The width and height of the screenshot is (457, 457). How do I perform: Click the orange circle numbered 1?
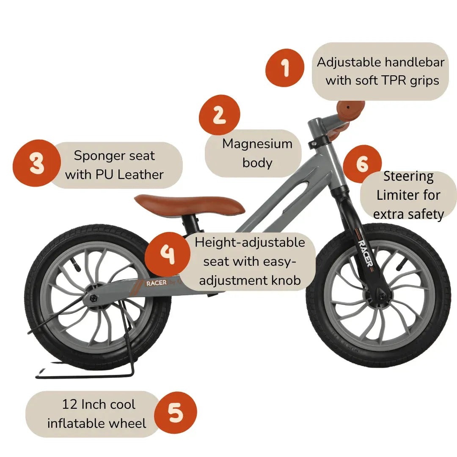pyautogui.click(x=285, y=67)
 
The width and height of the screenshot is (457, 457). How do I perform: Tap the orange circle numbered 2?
pyautogui.click(x=219, y=115)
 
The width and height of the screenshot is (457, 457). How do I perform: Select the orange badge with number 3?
pyautogui.click(x=36, y=163)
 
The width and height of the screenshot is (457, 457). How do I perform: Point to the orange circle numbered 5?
pyautogui.click(x=175, y=413)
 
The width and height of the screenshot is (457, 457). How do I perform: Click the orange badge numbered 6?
pyautogui.click(x=362, y=164)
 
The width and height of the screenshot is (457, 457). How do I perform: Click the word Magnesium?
pyautogui.click(x=257, y=144)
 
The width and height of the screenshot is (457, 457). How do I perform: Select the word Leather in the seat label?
pyautogui.click(x=140, y=174)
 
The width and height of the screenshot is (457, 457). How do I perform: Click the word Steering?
pyautogui.click(x=408, y=176)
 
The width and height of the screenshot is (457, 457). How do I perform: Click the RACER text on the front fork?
pyautogui.click(x=365, y=253)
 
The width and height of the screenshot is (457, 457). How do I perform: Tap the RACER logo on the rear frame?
pyautogui.click(x=157, y=284)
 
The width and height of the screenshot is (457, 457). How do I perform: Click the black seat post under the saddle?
pyautogui.click(x=193, y=222)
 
